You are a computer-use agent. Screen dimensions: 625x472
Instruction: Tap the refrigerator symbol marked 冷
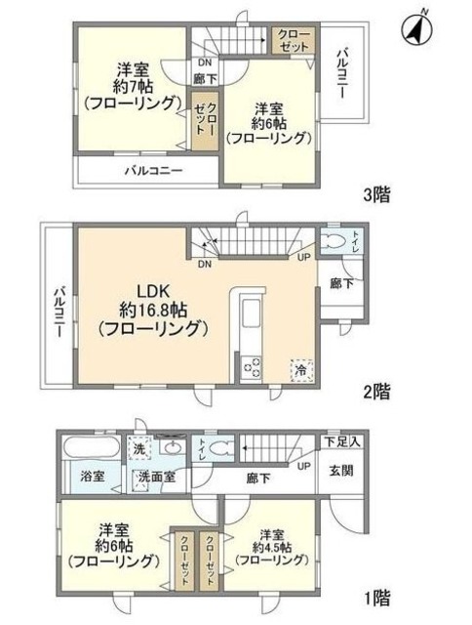(x=300, y=370)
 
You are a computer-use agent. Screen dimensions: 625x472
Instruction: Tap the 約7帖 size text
(x=133, y=86)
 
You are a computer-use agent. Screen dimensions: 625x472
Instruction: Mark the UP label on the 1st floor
(x=305, y=466)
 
